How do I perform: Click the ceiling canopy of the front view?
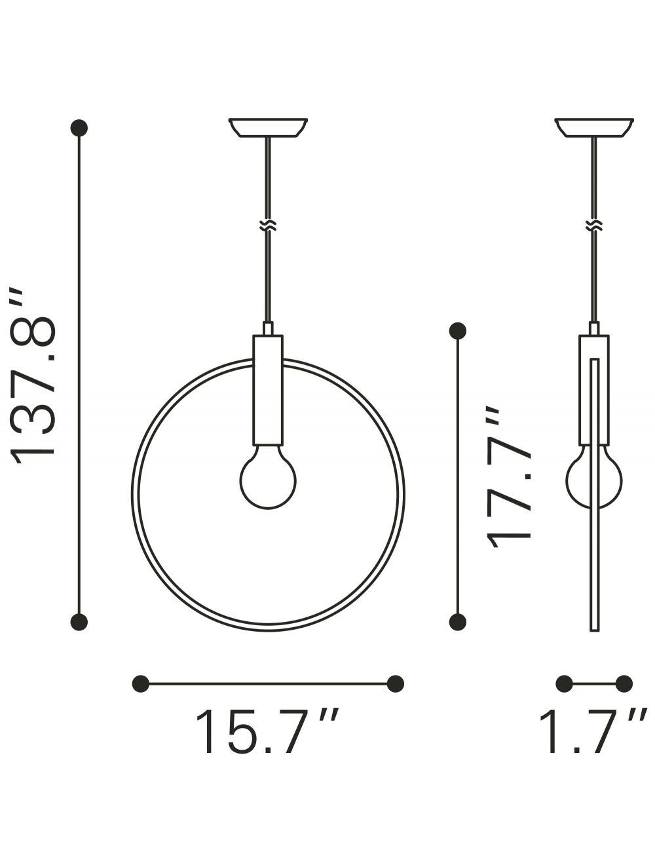[268, 128]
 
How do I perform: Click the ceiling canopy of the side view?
[594, 128]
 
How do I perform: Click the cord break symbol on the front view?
[268, 226]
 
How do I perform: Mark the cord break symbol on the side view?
[594, 226]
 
